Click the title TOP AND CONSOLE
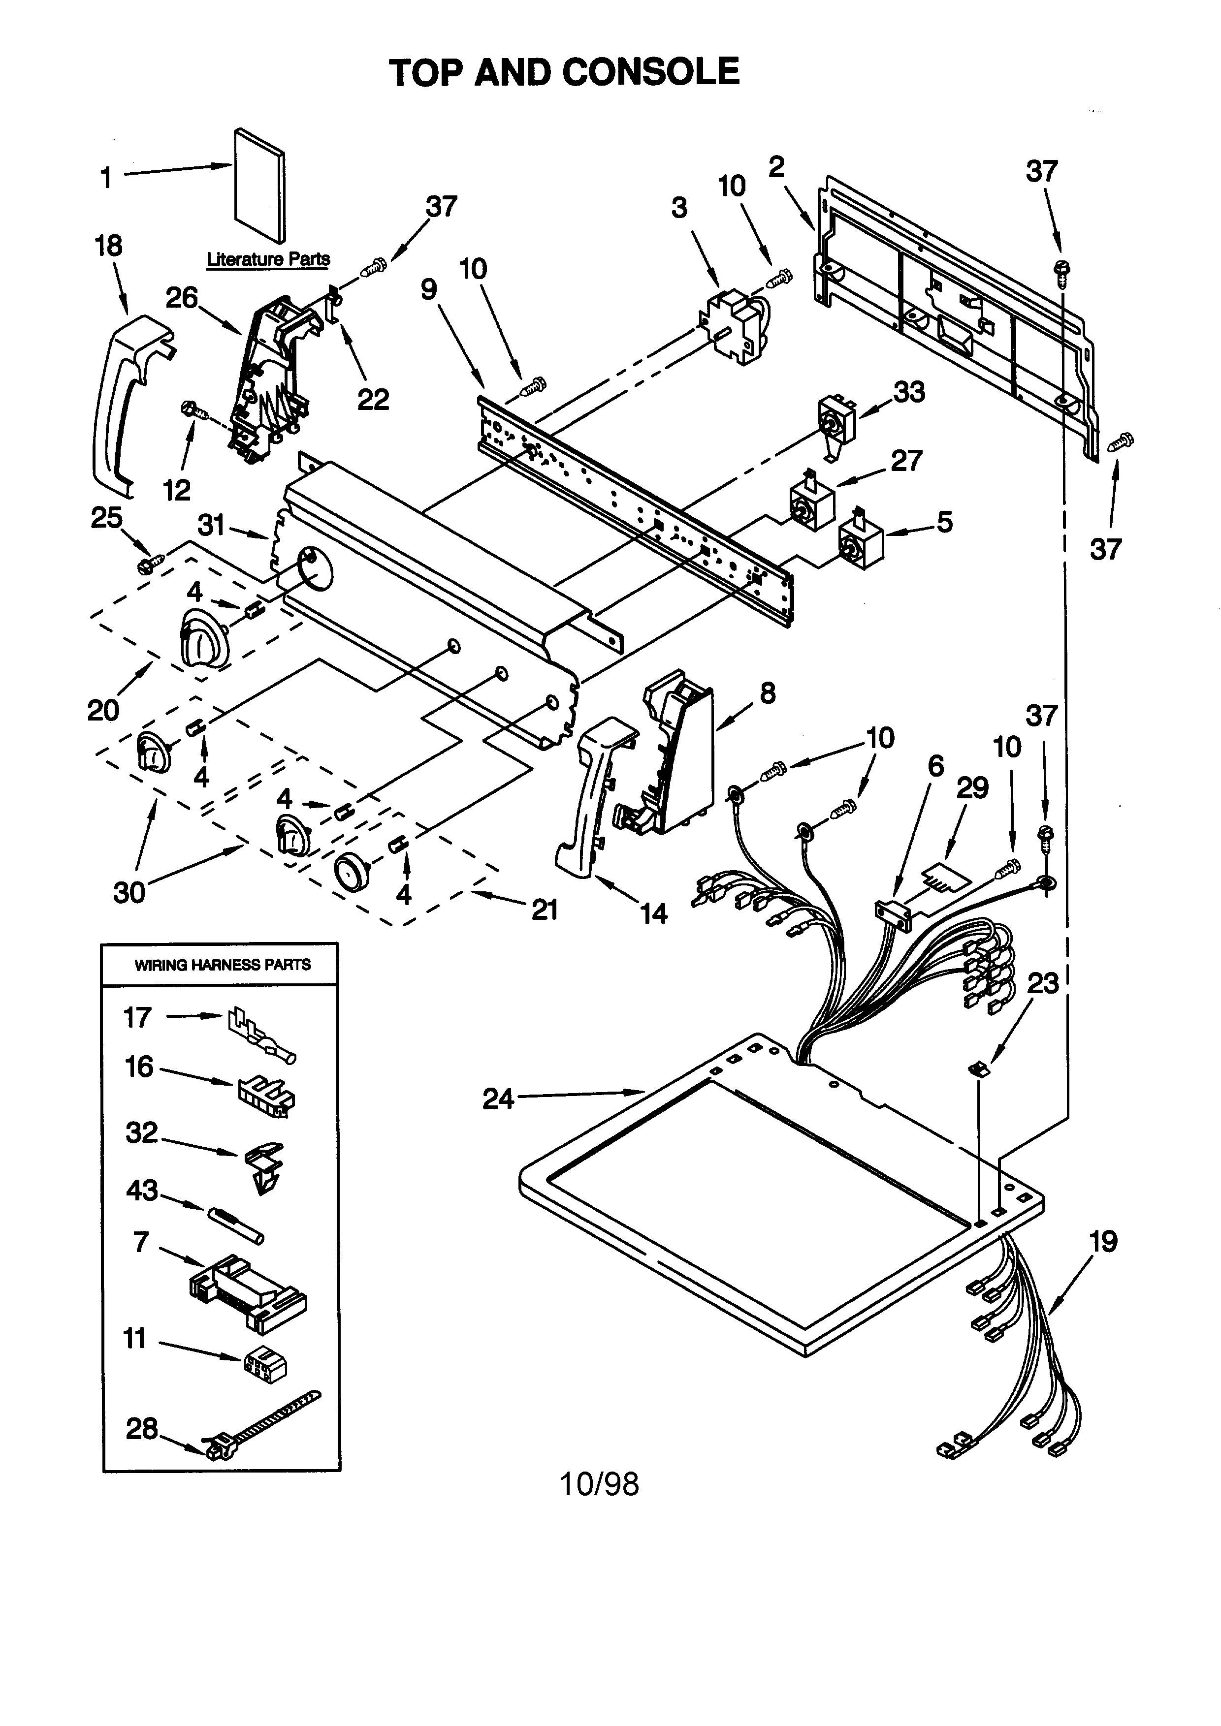click(564, 72)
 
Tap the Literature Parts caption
click(268, 259)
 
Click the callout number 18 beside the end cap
click(108, 245)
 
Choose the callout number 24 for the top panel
click(498, 1098)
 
